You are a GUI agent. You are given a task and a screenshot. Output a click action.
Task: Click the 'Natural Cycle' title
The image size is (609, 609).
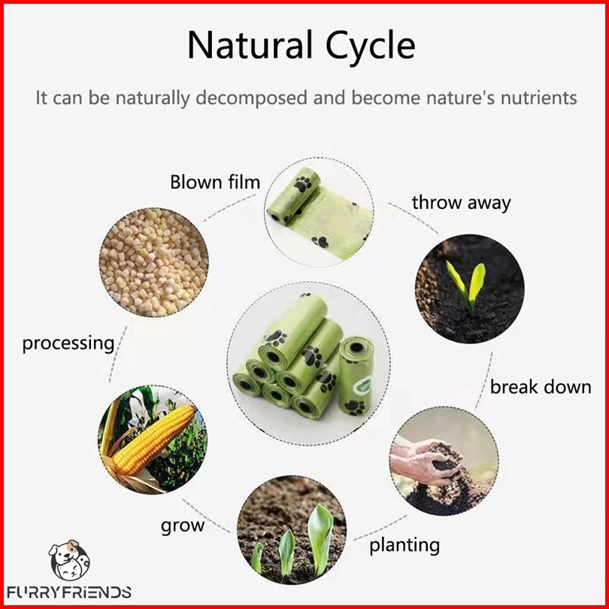pos(301,46)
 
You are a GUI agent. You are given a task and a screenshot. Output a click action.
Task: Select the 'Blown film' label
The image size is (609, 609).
pos(215,182)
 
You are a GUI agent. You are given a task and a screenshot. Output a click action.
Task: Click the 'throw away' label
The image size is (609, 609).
pos(461,204)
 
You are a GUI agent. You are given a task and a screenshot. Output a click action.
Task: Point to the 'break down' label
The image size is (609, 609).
pos(541,387)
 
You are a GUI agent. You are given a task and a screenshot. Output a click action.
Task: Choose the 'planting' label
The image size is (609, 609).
pos(404,546)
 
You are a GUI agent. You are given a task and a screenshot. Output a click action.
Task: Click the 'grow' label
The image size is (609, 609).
pos(183,526)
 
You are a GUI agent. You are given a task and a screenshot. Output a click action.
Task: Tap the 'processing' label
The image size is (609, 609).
pos(68,344)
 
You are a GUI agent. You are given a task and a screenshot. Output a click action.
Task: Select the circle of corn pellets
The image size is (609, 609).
pos(154,262)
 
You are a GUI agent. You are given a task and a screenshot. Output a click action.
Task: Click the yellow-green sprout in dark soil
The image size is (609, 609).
pos(467,286)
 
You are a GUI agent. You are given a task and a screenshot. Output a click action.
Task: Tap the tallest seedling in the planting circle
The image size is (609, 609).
pos(320,540)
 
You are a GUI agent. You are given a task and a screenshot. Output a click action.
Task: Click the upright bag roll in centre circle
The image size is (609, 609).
pos(356,376)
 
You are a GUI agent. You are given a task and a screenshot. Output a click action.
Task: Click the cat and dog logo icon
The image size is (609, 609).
pos(69,559)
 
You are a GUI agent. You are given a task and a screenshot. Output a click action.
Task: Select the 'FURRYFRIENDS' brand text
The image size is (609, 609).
pos(69,592)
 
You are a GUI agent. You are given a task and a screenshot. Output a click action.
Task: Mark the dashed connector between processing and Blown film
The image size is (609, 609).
pos(229,208)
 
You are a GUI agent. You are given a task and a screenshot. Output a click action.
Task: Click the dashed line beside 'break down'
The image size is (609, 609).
pos(484,380)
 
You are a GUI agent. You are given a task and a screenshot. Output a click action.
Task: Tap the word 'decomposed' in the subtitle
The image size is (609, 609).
pos(251,98)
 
